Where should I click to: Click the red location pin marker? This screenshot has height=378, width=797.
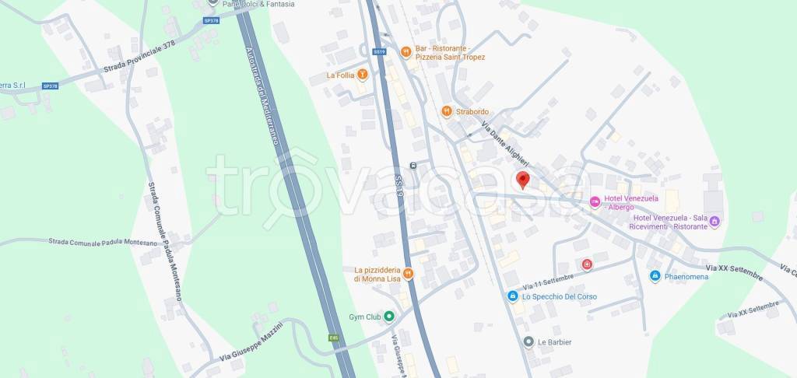point(523,180)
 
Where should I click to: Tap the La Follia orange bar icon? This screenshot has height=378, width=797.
point(362,75)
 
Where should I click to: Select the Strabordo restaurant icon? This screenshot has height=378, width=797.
point(446,111)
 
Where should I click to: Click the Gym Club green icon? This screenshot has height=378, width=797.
point(389,317)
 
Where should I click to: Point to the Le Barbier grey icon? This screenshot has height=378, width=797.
point(528,341)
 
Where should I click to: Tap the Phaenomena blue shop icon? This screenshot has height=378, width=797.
point(655,275)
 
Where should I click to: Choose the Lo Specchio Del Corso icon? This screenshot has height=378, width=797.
point(512,296)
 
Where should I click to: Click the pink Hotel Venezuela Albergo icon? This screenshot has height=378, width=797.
point(595,202)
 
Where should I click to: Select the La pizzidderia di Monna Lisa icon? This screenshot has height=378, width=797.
point(408,274)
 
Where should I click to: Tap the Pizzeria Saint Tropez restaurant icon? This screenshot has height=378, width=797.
point(406,52)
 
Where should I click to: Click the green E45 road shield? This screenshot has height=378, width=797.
point(332,338)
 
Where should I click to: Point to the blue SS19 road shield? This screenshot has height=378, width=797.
point(379,52)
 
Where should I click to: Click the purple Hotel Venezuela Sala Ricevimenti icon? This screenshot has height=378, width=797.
point(715,222)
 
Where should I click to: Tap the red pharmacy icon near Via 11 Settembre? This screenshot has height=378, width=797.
point(587,265)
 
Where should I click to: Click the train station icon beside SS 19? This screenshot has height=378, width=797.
point(413,165)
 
